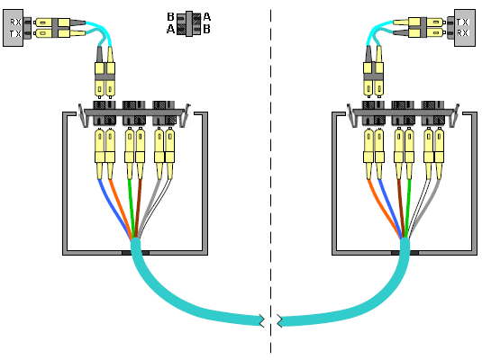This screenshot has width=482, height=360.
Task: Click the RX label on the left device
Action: coord(15,22)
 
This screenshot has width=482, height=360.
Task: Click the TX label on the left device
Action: coord(15,33)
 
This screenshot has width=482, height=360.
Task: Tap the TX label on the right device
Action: coord(462,22)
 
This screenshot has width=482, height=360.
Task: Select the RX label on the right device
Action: coord(462,33)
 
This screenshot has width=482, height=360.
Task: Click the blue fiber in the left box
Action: coord(113,208)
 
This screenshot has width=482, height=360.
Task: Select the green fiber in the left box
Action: coord(132,208)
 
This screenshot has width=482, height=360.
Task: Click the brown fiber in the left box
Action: coord(138,208)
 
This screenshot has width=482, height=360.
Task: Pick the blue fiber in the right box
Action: coord(390,208)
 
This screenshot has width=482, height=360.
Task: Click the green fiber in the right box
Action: coord(407,208)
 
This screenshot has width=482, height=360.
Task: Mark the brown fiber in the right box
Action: coord(401,208)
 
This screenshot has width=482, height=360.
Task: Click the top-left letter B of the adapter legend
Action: coord(170,16)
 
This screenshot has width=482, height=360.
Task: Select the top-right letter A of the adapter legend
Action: coord(207,16)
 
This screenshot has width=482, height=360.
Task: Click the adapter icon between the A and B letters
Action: coord(188,23)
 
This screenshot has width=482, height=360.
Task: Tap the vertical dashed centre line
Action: coord(271,181)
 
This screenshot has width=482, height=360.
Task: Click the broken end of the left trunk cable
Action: coord(261,321)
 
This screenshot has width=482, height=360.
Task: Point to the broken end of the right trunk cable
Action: coord(280,321)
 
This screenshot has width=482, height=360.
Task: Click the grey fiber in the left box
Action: coord(148,208)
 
